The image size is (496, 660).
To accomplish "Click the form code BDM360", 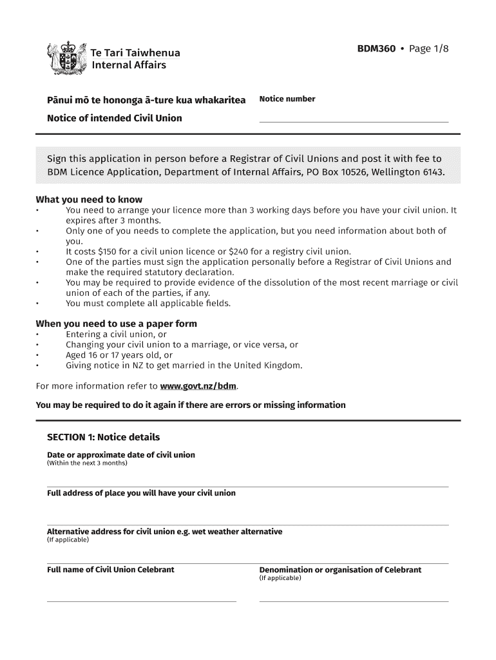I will (376, 48).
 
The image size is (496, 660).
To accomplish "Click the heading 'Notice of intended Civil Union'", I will (115, 118).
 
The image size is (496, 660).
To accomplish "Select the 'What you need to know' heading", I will (89, 199).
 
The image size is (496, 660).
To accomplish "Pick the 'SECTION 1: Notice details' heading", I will (103, 437).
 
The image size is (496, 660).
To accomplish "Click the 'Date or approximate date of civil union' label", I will (121, 455).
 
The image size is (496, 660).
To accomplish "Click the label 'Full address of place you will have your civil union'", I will (141, 493).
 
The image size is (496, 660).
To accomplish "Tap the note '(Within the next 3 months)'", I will (88, 463).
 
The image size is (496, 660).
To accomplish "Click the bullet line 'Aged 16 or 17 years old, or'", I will (119, 355).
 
